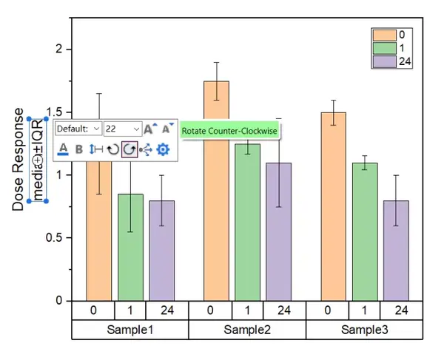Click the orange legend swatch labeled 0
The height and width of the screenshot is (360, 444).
click(384, 35)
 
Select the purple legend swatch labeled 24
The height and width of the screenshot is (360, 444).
click(384, 61)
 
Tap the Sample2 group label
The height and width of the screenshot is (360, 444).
click(247, 328)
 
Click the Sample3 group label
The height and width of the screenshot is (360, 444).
click(364, 328)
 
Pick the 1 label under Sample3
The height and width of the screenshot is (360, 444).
click(365, 310)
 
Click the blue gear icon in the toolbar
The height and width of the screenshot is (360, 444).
click(163, 149)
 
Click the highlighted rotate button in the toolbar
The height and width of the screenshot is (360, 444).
click(129, 149)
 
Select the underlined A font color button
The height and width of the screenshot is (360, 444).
click(63, 149)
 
